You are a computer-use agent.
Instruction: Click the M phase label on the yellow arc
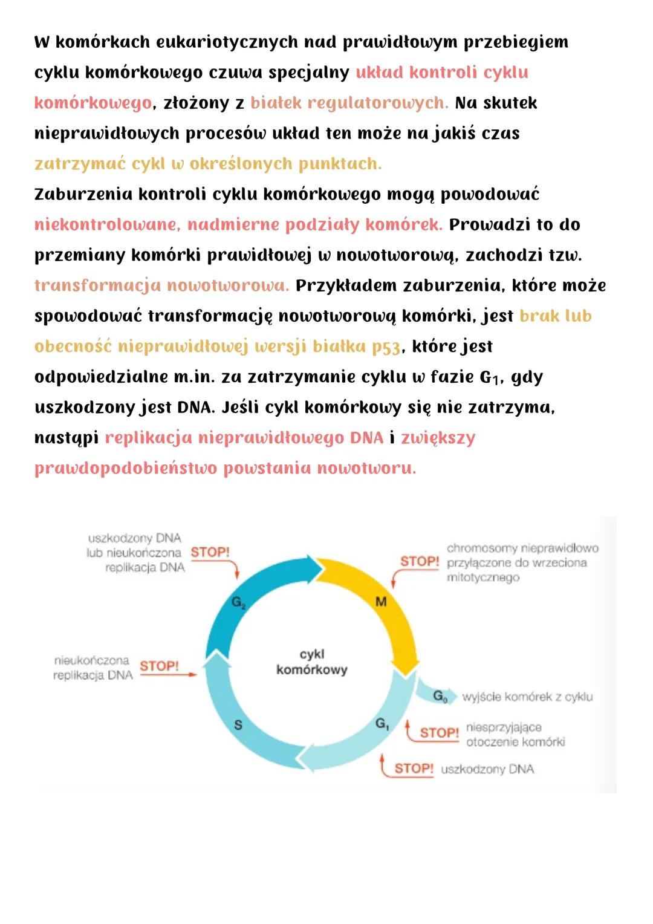pyautogui.click(x=381, y=601)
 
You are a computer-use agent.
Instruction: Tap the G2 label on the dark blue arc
pyautogui.click(x=238, y=602)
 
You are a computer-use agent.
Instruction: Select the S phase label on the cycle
pyautogui.click(x=238, y=724)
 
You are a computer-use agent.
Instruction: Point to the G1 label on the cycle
pyautogui.click(x=382, y=723)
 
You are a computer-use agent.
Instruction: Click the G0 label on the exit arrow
pyautogui.click(x=440, y=697)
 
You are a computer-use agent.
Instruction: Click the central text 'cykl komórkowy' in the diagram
pyautogui.click(x=312, y=662)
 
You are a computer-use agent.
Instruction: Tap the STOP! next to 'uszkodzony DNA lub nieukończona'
pyautogui.click(x=210, y=552)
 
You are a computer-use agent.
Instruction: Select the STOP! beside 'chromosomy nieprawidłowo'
pyautogui.click(x=419, y=561)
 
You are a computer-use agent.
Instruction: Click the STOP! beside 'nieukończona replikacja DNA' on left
pyautogui.click(x=159, y=666)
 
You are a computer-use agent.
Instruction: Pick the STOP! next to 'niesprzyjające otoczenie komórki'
pyautogui.click(x=439, y=732)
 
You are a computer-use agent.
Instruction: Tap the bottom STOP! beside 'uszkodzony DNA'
pyautogui.click(x=414, y=769)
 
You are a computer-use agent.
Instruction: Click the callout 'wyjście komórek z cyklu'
pyautogui.click(x=527, y=697)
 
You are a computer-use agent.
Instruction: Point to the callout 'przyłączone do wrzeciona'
pyautogui.click(x=516, y=562)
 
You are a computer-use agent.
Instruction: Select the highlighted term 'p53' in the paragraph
pyautogui.click(x=386, y=346)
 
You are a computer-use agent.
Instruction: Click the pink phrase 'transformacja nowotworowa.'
pyautogui.click(x=161, y=285)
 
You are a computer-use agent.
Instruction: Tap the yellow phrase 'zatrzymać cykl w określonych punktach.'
pyautogui.click(x=208, y=164)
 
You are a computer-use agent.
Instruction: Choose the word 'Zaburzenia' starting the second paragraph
pyautogui.click(x=83, y=194)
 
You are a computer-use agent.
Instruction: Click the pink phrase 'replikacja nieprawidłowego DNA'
pyautogui.click(x=244, y=438)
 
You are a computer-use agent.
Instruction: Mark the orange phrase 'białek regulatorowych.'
pyautogui.click(x=349, y=103)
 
